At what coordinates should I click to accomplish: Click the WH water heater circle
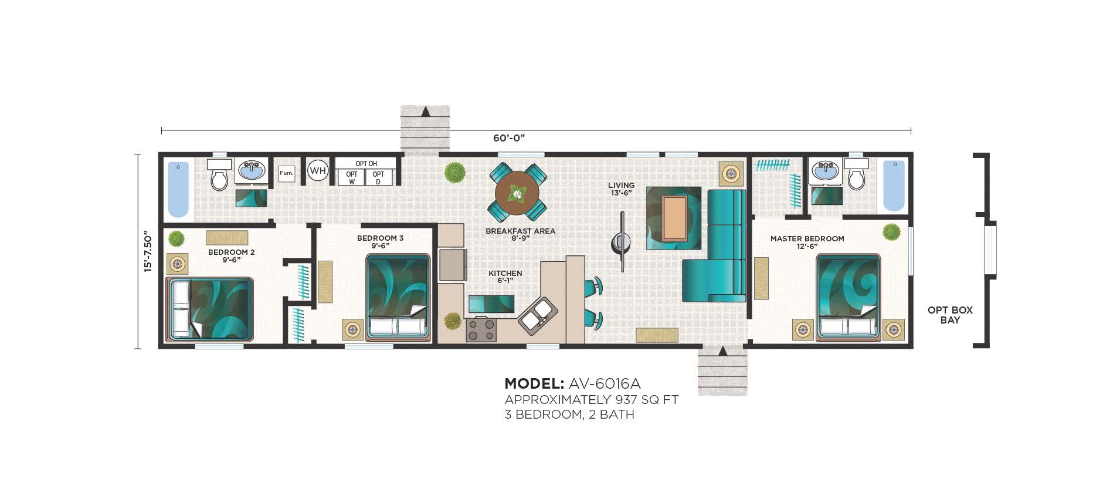pos(317,171)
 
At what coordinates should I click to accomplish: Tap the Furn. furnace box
pos(286,173)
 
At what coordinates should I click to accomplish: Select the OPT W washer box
pos(352,177)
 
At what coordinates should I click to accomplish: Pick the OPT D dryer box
pos(378,177)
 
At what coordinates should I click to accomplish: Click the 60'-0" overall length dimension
pos(509,138)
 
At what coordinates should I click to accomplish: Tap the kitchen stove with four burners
pos(481,329)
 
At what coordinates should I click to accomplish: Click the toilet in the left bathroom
pos(219,174)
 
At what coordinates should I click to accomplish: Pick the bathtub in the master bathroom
pos(894,186)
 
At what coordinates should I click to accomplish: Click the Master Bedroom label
pos(807,239)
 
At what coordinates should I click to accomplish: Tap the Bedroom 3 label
pos(380,238)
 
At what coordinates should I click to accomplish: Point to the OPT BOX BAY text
pos(950,315)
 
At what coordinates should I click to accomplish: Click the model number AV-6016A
pos(605,384)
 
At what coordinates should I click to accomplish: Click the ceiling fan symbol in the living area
pos(621,242)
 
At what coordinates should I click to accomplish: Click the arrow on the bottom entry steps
pos(722,351)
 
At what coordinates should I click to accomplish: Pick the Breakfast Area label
pos(520,231)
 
